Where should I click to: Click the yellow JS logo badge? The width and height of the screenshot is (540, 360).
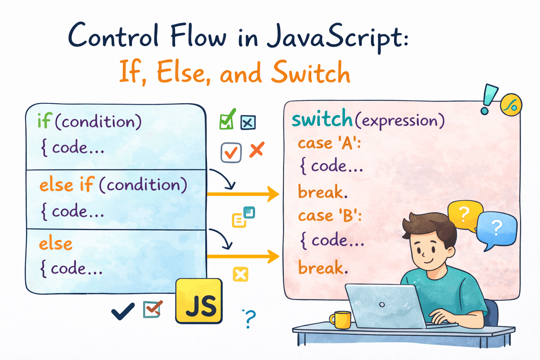199,301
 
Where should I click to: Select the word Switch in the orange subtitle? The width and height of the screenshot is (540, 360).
311,72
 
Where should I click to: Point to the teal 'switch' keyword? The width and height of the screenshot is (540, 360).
322,118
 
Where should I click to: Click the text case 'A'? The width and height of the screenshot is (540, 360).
329,143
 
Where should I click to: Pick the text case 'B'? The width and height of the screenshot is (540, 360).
330,215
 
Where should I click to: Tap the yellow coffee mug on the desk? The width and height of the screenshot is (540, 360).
340,320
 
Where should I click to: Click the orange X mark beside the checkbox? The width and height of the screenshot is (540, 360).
257,150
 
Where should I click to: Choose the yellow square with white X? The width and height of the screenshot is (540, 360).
240,274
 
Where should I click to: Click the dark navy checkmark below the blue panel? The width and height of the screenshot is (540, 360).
123,311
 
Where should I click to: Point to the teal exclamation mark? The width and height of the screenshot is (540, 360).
488,99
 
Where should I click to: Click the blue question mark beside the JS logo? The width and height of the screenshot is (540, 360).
250,319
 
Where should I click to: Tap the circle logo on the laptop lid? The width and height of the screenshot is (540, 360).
382,304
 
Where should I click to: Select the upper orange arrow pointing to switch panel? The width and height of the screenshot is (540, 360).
243,194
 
